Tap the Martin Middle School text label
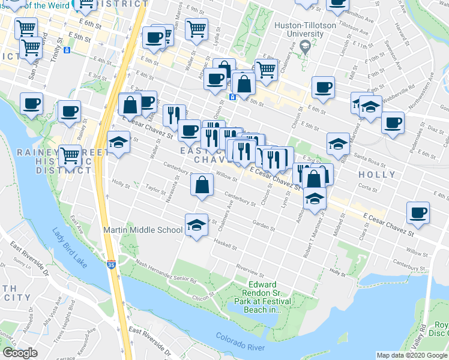(143, 230)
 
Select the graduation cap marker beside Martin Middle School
(194, 225)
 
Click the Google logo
(20, 353)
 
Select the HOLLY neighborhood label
(376, 175)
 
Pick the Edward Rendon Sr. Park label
(263, 297)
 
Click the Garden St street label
(264, 226)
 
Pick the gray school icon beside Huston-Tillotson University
(304, 47)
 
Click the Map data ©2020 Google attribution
(412, 355)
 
